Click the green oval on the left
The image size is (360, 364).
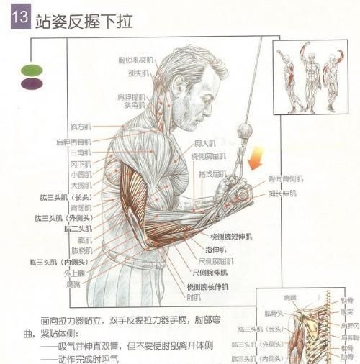pyautogui.click(x=32, y=70)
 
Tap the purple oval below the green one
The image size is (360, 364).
pyautogui.click(x=32, y=83)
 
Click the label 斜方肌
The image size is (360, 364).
pyautogui.click(x=79, y=127)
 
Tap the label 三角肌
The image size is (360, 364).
pyautogui.click(x=80, y=153)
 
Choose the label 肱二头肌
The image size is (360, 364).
pyautogui.click(x=78, y=228)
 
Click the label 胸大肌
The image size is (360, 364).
pyautogui.click(x=205, y=144)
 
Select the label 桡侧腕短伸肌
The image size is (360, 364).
pyautogui.click(x=231, y=237)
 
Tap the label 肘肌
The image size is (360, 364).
pyautogui.click(x=194, y=296)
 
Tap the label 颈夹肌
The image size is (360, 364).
pyautogui.click(x=138, y=73)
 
